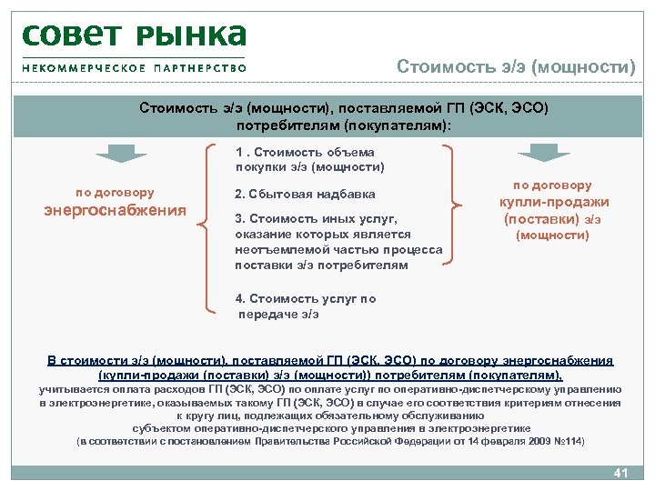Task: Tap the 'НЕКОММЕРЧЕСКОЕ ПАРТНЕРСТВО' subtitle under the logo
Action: click(x=135, y=67)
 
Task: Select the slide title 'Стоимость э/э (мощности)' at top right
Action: click(x=516, y=67)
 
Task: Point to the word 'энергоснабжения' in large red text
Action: click(x=115, y=211)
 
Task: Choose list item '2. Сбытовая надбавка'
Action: click(x=305, y=194)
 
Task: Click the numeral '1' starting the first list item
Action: click(x=238, y=152)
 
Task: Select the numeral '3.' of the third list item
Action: click(x=239, y=218)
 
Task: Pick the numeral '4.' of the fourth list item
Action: click(x=239, y=298)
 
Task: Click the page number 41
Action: click(x=622, y=472)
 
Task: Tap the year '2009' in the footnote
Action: click(x=531, y=441)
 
